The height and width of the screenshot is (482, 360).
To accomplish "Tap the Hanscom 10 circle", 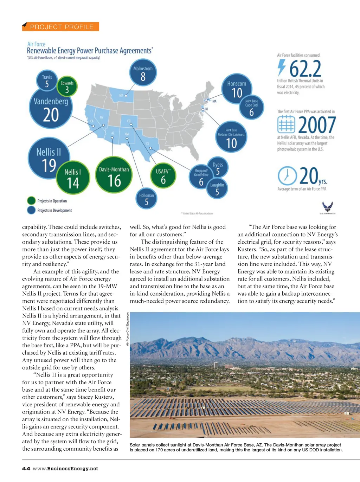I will (237, 89).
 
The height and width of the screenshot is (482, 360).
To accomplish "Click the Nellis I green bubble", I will (73, 178).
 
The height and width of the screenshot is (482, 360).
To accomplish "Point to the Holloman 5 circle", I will (146, 199).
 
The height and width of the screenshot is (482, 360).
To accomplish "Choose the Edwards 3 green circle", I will (67, 86).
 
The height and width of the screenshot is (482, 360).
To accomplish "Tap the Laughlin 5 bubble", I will (217, 189).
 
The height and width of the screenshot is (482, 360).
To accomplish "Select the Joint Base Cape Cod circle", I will (251, 108).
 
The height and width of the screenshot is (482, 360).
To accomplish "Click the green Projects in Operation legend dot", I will (31, 201).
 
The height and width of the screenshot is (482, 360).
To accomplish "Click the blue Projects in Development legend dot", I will (31, 210).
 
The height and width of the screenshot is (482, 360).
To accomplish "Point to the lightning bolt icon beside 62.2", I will (281, 67).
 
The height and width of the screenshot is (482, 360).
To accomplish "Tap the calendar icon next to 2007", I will (286, 124).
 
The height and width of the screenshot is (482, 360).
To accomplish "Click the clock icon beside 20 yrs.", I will (287, 175).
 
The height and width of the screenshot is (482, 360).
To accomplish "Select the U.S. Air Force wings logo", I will (327, 207).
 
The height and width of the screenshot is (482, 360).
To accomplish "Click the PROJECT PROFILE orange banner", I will (60, 27).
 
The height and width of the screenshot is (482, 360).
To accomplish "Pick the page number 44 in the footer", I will (26, 468).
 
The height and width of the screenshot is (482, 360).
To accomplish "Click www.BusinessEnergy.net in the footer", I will (65, 468).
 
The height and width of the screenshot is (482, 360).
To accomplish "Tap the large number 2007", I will (317, 124).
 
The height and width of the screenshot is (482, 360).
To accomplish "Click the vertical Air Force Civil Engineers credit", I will (127, 329).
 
